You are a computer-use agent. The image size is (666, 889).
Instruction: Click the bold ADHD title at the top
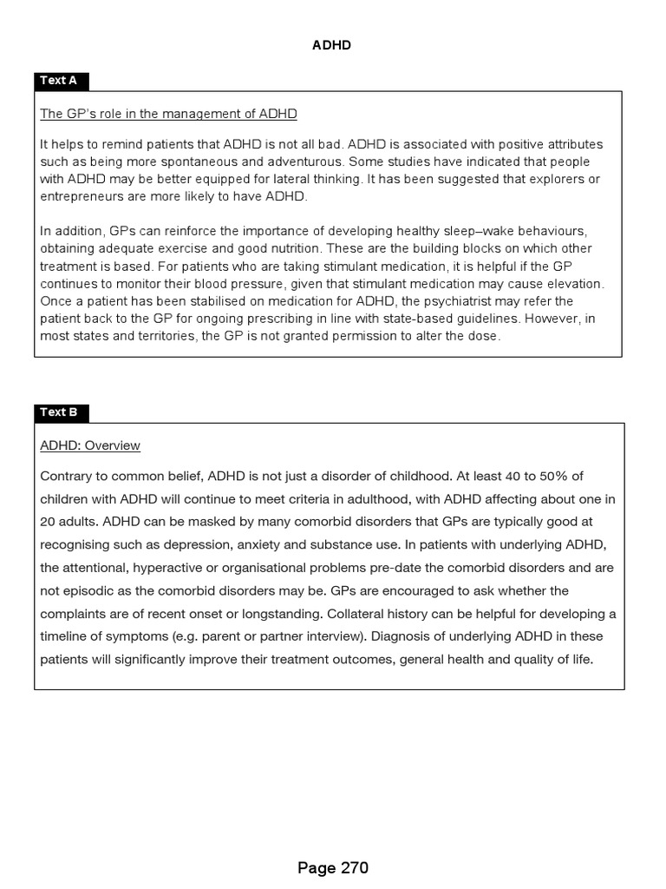(331, 45)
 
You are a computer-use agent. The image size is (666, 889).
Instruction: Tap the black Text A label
(59, 81)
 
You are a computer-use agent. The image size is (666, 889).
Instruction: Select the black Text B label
(59, 412)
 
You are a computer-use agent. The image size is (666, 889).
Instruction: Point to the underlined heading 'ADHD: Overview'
(90, 445)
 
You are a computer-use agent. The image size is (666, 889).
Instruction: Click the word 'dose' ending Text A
(486, 336)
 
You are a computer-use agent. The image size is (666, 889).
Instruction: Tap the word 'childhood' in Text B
(410, 476)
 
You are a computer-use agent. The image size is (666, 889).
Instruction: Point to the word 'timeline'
(64, 636)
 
